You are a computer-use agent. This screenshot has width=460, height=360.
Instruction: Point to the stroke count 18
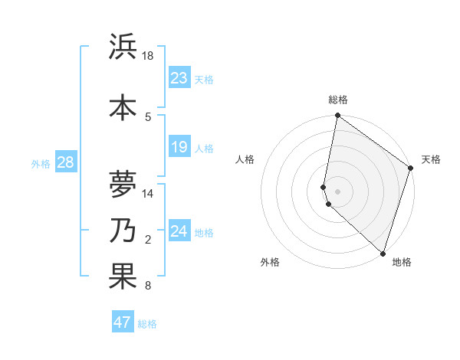pyautogui.click(x=148, y=56)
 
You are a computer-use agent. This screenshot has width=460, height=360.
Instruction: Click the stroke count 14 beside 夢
pyautogui.click(x=148, y=194)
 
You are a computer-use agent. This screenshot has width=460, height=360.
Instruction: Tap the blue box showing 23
pyautogui.click(x=179, y=78)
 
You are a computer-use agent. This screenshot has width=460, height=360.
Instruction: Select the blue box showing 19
pyautogui.click(x=179, y=147)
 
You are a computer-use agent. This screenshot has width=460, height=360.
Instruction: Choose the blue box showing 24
pyautogui.click(x=179, y=231)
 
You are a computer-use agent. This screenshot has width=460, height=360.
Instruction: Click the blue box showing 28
pyautogui.click(x=64, y=162)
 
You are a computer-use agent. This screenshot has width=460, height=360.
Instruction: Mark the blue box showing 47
pyautogui.click(x=122, y=322)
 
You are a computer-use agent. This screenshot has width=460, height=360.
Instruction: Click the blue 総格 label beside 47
pyautogui.click(x=147, y=324)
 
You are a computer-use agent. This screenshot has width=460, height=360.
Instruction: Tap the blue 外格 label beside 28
pyautogui.click(x=41, y=163)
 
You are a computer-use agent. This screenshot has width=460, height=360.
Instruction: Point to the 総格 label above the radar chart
pyautogui.click(x=337, y=100)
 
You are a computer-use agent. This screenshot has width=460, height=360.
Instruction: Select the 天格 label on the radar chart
pyautogui.click(x=431, y=159)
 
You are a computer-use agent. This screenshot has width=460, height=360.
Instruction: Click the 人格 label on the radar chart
pyautogui.click(x=245, y=159)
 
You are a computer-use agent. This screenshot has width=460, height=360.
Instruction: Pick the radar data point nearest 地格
pyautogui.click(x=383, y=254)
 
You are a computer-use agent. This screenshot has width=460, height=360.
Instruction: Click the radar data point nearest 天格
pyautogui.click(x=411, y=169)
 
